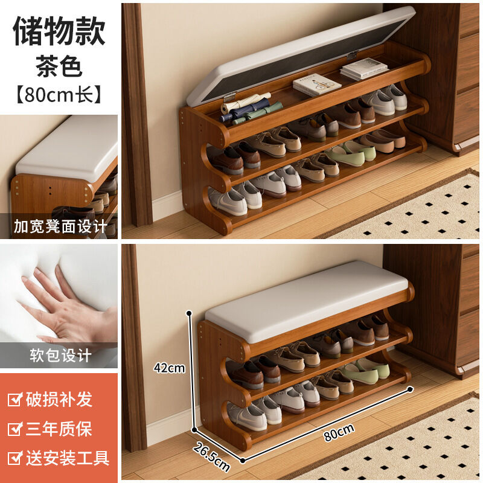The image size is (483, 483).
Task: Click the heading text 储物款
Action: click(59, 31)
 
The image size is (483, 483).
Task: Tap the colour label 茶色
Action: click(59, 66)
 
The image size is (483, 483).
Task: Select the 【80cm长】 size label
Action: click(59, 95)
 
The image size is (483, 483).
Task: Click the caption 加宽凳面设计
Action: click(60, 226)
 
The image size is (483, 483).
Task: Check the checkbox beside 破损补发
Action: click(14, 399)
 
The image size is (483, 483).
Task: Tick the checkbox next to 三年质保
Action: click(14, 429)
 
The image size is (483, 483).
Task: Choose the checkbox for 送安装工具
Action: click(14, 458)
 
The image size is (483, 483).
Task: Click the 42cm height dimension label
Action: click(169, 368)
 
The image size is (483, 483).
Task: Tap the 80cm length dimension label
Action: click(339, 432)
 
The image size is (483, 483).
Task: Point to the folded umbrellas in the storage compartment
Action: click(249, 109)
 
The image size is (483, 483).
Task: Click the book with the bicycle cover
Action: click(316, 85)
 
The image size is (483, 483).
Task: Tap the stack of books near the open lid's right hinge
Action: click(363, 69)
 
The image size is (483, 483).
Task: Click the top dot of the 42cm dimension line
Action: click(189, 313)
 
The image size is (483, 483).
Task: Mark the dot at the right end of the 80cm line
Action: click(410, 389)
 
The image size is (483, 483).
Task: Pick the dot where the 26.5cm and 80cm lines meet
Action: click(243, 461)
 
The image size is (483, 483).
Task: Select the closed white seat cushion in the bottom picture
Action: click(307, 300)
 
